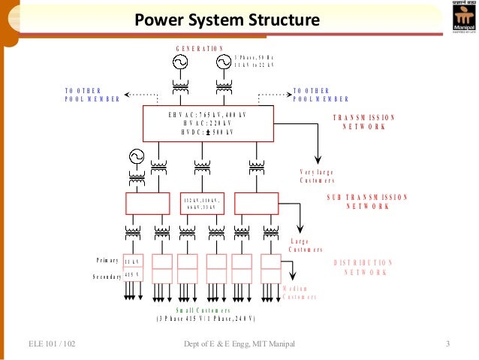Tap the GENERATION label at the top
(x=200, y=48)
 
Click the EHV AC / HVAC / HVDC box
(x=208, y=123)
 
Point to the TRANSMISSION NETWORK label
(x=360, y=123)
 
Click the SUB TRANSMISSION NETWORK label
(x=367, y=201)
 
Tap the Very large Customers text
(x=317, y=176)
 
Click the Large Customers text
(x=306, y=245)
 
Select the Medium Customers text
(x=299, y=293)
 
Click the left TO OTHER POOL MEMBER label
(x=92, y=95)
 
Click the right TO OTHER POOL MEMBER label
(x=321, y=95)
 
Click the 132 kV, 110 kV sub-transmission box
(x=200, y=204)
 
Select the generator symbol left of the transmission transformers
(x=136, y=156)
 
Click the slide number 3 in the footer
(x=447, y=345)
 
